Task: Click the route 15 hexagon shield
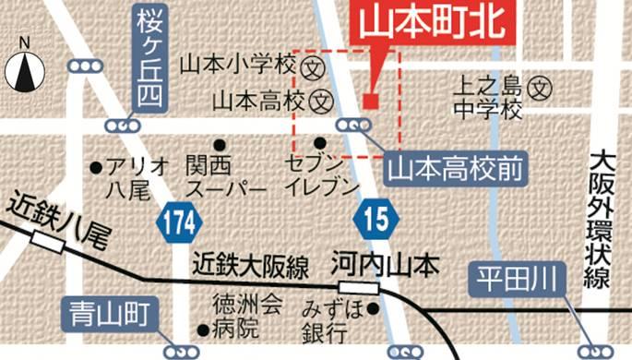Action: pos(376,221)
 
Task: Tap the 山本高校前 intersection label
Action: pos(454,169)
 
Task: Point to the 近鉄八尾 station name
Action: pos(57,214)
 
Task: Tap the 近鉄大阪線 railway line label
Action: pos(251,266)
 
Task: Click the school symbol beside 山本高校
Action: pos(321,98)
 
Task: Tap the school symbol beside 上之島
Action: pos(543,90)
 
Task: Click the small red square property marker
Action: pos(370,101)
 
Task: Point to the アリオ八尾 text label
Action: pos(137,177)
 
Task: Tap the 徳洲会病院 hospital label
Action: pos(234,315)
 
